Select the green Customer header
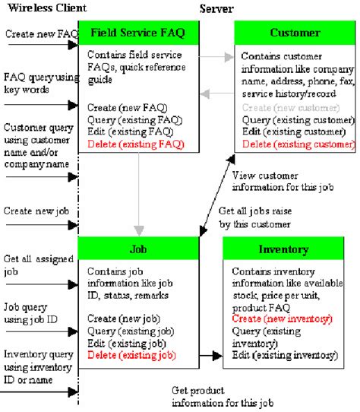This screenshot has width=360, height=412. coord(295,33)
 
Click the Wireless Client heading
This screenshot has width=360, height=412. coord(44,8)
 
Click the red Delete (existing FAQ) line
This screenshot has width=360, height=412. coord(135,143)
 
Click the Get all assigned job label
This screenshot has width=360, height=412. coord(33,265)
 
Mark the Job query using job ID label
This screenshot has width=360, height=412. coord(33,313)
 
